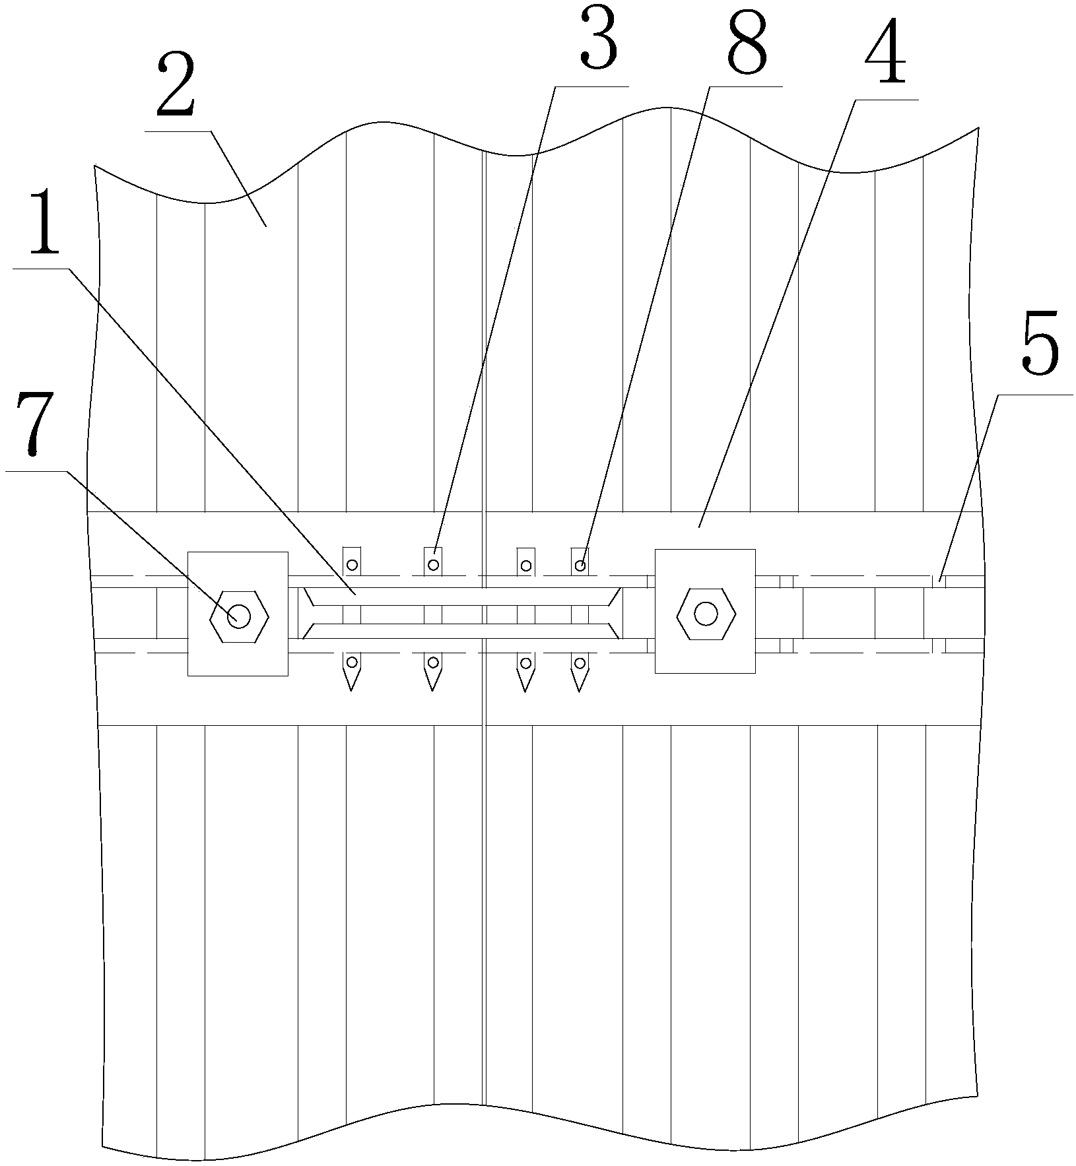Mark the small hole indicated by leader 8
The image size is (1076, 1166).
(580, 565)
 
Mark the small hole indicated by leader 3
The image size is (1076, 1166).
(433, 565)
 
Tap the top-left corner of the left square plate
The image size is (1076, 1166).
(189, 552)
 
